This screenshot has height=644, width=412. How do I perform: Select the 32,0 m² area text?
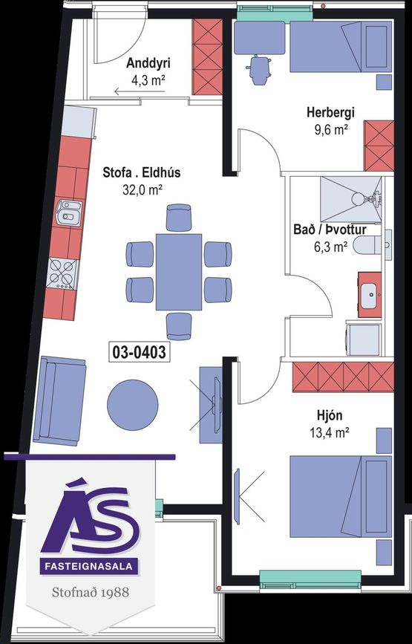point(142,189)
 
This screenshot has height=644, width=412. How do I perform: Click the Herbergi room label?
point(330,113)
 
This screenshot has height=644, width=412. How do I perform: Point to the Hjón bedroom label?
point(331,414)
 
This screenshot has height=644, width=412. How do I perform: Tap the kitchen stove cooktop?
point(62,273)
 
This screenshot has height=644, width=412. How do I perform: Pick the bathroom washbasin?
point(369,298)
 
